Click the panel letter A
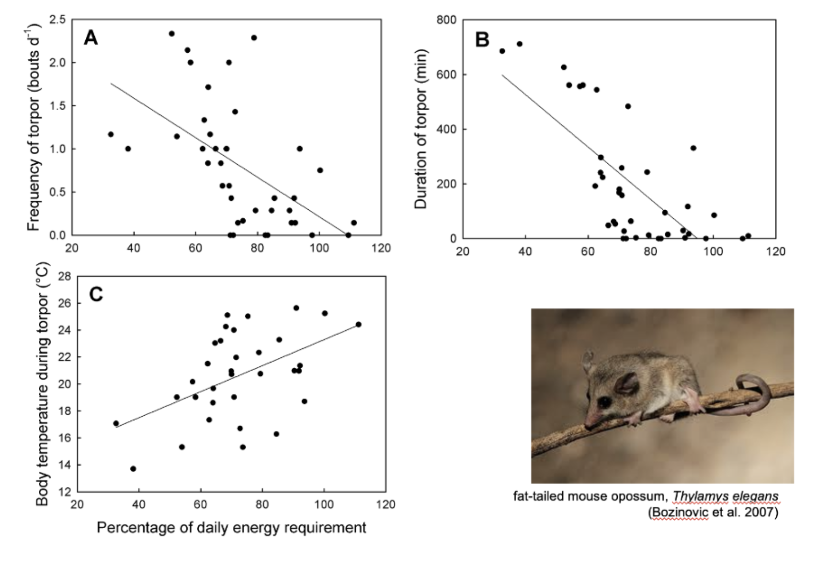(91, 38)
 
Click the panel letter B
(482, 40)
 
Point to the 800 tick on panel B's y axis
(446, 20)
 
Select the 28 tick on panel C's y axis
(64, 277)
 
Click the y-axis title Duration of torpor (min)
(420, 129)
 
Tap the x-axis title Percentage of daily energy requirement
(231, 528)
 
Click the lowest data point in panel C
(133, 469)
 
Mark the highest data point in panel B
(519, 44)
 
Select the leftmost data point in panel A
(111, 135)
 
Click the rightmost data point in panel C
(358, 325)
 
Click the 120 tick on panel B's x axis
(775, 251)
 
